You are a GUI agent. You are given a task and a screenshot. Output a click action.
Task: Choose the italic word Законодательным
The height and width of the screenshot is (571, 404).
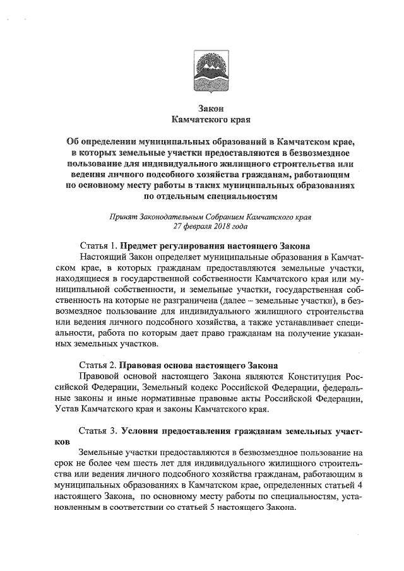pyautogui.click(x=170, y=216)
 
